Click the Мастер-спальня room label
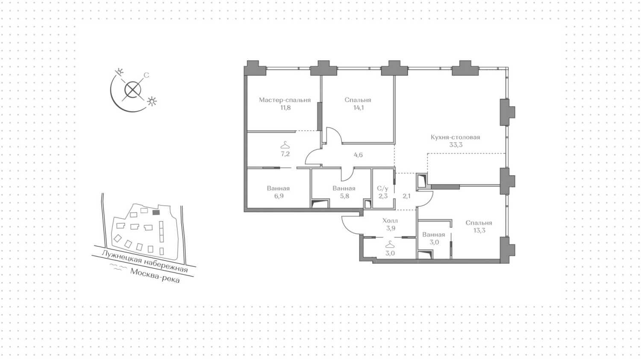tap(285, 100)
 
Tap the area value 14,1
tap(358, 108)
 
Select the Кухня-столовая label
tap(455, 137)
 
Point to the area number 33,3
tap(456, 145)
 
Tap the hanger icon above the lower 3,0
tap(390, 245)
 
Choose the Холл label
tap(390, 221)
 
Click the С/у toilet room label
tap(382, 189)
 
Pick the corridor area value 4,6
tap(358, 155)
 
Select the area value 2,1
tap(406, 196)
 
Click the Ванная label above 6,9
tap(278, 189)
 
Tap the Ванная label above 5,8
tap(344, 189)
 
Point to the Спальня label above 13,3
tap(479, 223)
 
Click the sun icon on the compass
tap(152, 101)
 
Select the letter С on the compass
tap(146, 75)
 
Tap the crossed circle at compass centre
tap(133, 90)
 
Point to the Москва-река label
tap(155, 276)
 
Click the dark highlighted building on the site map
tap(156, 212)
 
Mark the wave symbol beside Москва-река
tap(118, 267)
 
